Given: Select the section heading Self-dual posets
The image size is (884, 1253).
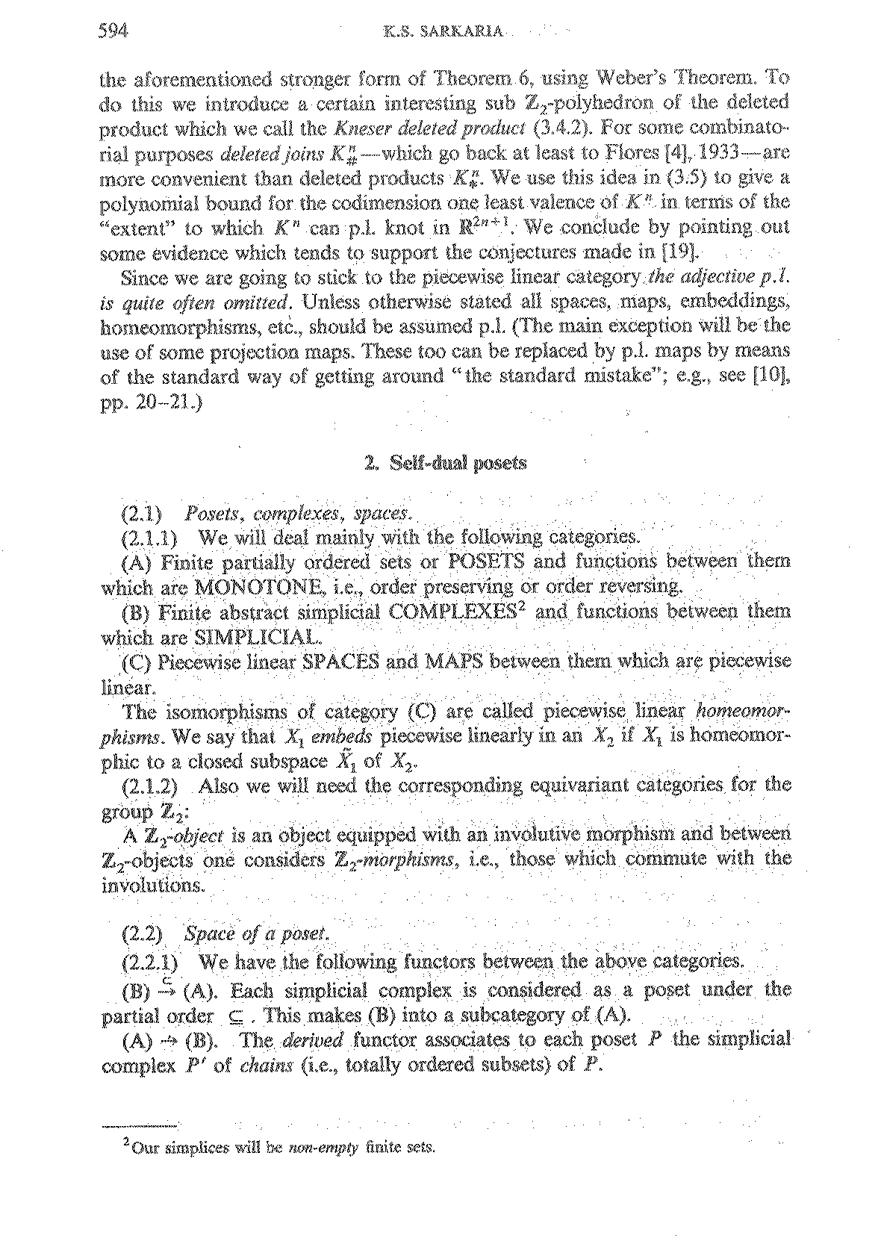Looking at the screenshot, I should (455, 463).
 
